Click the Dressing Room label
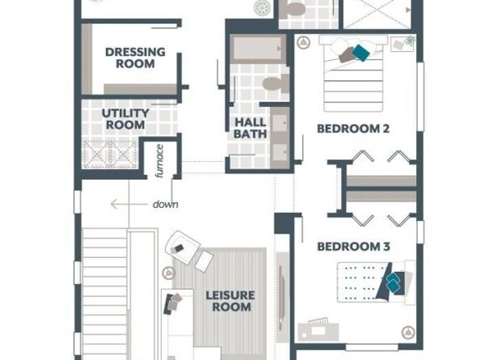[x=135, y=57]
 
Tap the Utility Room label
[x=126, y=119]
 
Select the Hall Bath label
[x=250, y=128]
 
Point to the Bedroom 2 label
[x=353, y=129]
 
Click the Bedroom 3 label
[x=353, y=246]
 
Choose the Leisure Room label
[x=230, y=301]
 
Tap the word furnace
[x=160, y=161]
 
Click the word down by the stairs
[x=165, y=205]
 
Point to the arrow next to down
[x=128, y=204]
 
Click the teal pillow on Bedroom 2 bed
[x=361, y=53]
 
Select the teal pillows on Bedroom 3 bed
[x=393, y=283]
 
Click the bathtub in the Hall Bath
[x=258, y=49]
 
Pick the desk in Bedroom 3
[x=318, y=331]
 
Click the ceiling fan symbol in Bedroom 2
[x=304, y=42]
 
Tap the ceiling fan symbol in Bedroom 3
[x=408, y=332]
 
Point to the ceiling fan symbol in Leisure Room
[x=168, y=273]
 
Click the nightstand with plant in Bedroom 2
[x=403, y=44]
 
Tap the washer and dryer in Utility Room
[x=110, y=153]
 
